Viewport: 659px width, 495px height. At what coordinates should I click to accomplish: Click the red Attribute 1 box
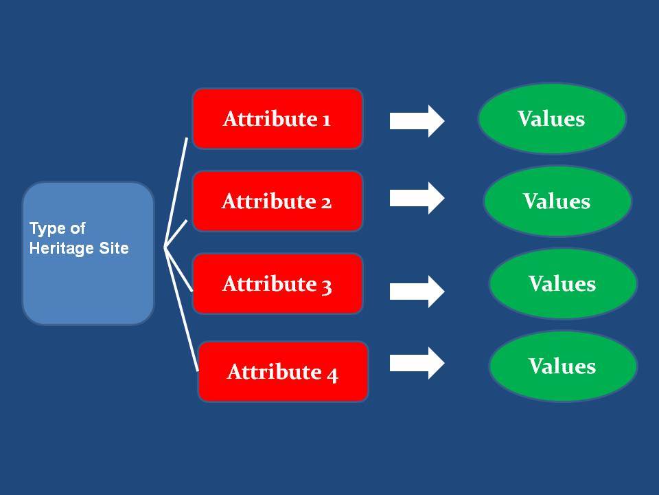click(x=277, y=119)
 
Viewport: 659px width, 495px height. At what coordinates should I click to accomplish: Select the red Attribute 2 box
click(x=277, y=201)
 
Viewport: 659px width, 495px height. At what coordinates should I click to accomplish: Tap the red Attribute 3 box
click(x=277, y=284)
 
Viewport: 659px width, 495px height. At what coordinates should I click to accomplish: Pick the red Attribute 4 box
click(x=283, y=372)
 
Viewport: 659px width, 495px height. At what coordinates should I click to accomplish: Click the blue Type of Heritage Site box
click(x=89, y=254)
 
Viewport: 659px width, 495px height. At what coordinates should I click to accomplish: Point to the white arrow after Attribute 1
click(x=417, y=121)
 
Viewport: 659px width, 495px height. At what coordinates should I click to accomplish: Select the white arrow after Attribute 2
click(x=417, y=198)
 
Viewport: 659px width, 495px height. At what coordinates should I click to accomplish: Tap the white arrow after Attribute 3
click(x=417, y=291)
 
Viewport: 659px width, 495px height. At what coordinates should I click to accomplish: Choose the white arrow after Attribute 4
click(x=417, y=363)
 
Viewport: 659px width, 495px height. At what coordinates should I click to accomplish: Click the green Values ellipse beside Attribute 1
click(x=552, y=119)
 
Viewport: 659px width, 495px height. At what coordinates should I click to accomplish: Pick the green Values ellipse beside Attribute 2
click(x=557, y=201)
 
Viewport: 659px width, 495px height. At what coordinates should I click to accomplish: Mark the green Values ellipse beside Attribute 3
click(x=563, y=284)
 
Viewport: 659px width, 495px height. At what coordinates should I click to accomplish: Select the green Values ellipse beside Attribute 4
click(x=563, y=366)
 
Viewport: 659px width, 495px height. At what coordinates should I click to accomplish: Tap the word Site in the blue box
click(x=114, y=248)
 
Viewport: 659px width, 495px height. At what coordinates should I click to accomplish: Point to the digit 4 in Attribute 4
click(x=332, y=375)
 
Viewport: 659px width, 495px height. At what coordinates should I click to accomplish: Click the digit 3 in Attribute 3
click(x=327, y=286)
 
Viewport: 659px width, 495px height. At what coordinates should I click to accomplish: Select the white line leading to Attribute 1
click(x=176, y=192)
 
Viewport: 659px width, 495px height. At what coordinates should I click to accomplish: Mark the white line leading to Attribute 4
click(x=181, y=309)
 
